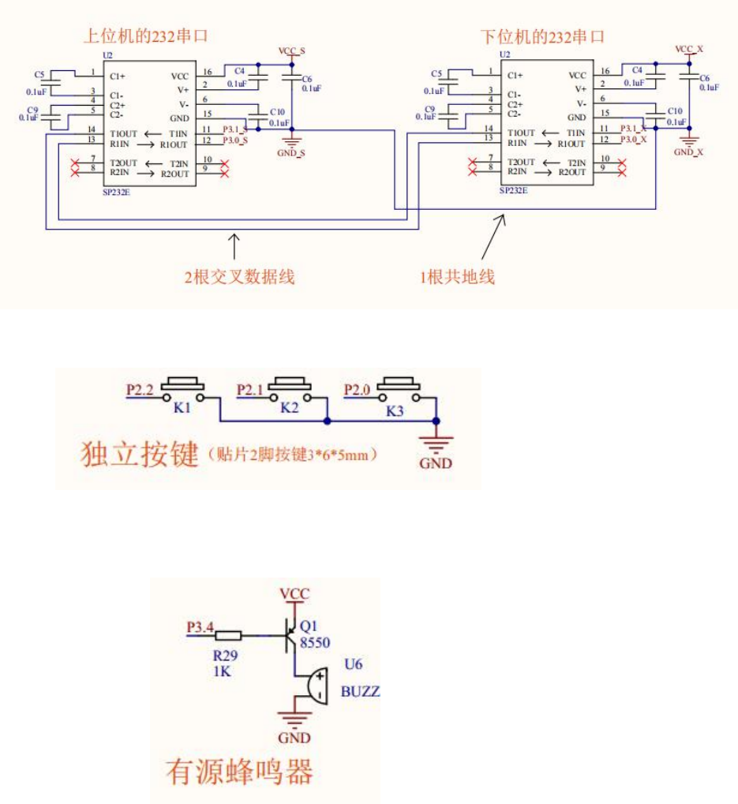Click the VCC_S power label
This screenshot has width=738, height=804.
291,50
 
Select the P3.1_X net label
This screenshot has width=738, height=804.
634,128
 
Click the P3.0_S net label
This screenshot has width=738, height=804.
235,140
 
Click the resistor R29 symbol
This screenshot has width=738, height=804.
229,634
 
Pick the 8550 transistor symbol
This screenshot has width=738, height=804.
290,634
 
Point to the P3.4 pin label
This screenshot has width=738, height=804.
200,628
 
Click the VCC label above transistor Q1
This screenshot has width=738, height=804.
295,594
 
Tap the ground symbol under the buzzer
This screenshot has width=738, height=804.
294,720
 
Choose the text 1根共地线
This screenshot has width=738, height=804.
457,277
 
